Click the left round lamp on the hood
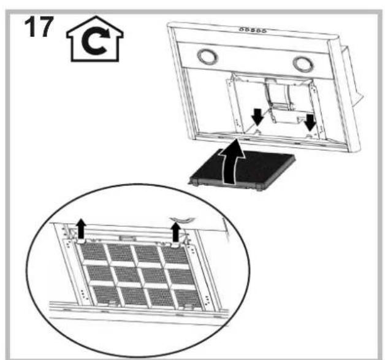207,58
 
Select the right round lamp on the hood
301,64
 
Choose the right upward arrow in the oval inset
176,232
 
